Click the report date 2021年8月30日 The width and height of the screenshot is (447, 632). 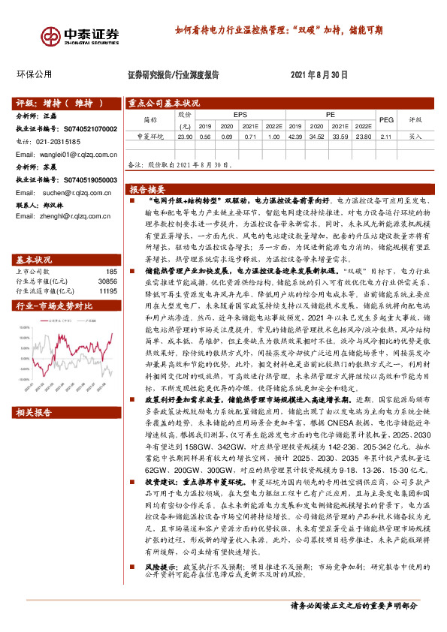[x=319, y=75]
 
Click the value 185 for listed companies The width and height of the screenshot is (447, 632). [x=112, y=250]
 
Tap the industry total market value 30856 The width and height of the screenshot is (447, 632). [x=108, y=260]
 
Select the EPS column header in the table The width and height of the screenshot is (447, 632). [x=240, y=114]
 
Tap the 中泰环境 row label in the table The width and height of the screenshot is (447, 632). [x=150, y=137]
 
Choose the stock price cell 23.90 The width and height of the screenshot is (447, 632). [x=184, y=137]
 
